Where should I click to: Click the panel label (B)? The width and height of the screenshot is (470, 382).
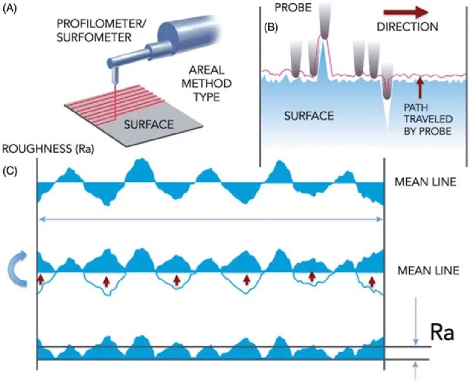(273, 27)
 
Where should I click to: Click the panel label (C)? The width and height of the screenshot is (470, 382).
(11, 170)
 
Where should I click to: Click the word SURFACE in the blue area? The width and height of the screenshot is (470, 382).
(309, 116)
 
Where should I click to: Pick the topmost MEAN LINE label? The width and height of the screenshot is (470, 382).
(426, 181)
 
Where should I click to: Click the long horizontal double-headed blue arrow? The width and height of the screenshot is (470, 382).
(210, 219)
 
